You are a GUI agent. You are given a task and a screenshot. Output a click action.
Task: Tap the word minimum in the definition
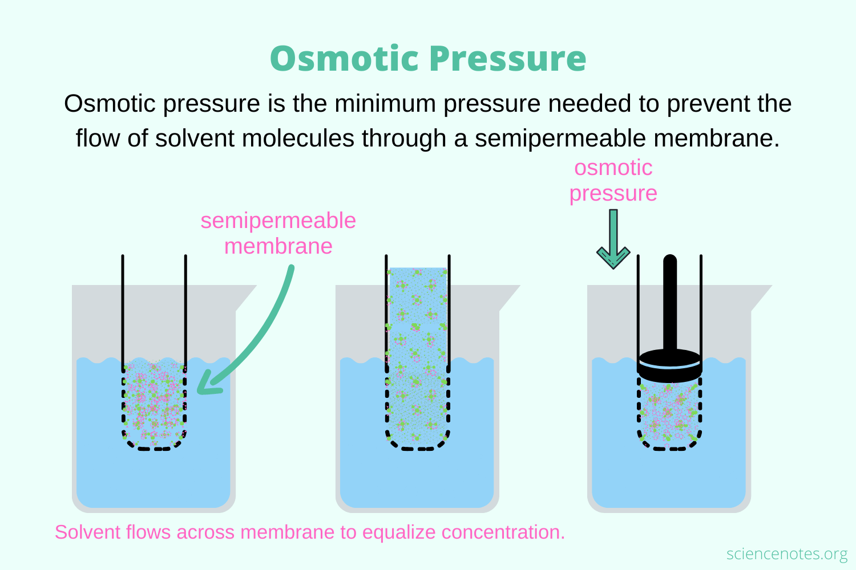tap(385, 103)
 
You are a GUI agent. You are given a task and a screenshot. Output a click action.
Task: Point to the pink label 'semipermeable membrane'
tap(278, 233)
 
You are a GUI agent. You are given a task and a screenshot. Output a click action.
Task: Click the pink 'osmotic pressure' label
tap(613, 180)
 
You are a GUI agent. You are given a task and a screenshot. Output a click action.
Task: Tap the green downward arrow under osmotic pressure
tap(613, 239)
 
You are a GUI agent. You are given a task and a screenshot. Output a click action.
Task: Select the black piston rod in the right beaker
tap(670, 303)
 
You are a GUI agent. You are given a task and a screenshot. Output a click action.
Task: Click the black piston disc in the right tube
tap(669, 366)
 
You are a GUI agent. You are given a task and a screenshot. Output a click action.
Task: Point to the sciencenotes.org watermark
tap(787, 553)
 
